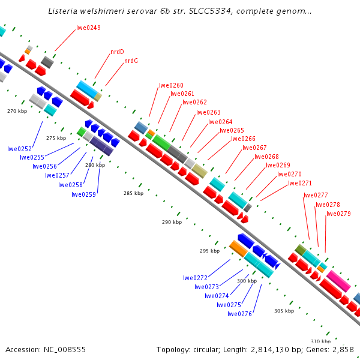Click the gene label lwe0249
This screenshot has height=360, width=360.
89,28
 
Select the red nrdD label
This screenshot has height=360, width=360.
117,52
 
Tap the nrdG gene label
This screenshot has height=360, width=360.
131,61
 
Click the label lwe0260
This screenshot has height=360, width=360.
171,85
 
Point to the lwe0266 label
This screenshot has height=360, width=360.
243,139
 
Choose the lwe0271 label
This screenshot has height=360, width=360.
300,183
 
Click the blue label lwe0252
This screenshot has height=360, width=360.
20,149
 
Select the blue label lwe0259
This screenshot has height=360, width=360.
83,194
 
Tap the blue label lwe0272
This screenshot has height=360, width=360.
195,278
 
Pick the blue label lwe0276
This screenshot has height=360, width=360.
239,313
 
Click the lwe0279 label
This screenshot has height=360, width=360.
338,214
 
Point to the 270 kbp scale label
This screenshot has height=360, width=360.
17,111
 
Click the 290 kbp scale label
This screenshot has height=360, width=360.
172,222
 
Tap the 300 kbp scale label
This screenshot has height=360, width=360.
247,281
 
